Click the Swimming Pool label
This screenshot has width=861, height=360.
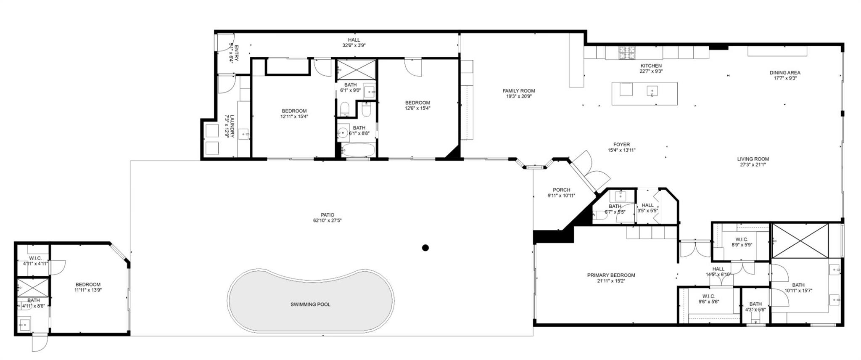tap(310, 304)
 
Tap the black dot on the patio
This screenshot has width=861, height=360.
tap(425, 248)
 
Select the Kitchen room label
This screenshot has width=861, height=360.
tap(651, 66)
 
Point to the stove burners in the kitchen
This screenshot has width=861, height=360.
tap(626, 53)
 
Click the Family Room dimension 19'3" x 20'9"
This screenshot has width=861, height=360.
tap(519, 96)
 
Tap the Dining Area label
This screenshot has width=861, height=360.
tap(784, 72)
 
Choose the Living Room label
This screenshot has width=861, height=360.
tap(753, 159)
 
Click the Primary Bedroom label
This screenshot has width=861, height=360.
tap(611, 275)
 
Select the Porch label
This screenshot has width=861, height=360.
tap(561, 190)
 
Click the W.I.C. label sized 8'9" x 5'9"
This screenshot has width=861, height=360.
tap(742, 239)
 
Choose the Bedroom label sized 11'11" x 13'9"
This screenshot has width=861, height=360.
tap(88, 284)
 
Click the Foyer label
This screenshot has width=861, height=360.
tap(621, 144)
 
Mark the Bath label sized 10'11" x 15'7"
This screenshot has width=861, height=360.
tap(798, 285)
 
